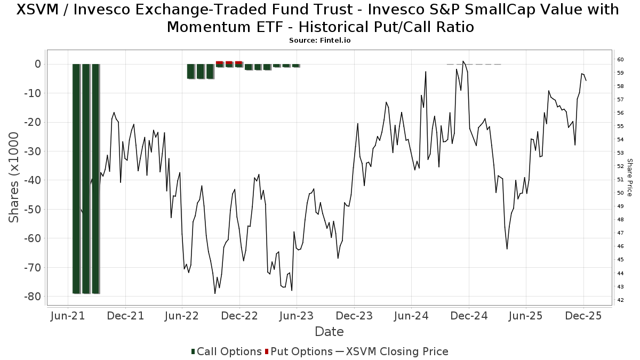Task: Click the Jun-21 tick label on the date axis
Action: [68, 316]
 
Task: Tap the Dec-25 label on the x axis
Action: [583, 316]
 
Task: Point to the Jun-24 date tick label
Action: [411, 316]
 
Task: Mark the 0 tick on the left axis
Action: [37, 64]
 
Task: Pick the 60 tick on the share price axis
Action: [620, 59]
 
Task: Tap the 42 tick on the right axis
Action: [620, 300]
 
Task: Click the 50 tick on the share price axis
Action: [620, 193]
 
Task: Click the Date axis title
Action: [329, 332]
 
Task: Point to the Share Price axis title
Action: [629, 178]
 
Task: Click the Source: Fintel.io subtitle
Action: [319, 40]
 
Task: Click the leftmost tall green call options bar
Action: [76, 179]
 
